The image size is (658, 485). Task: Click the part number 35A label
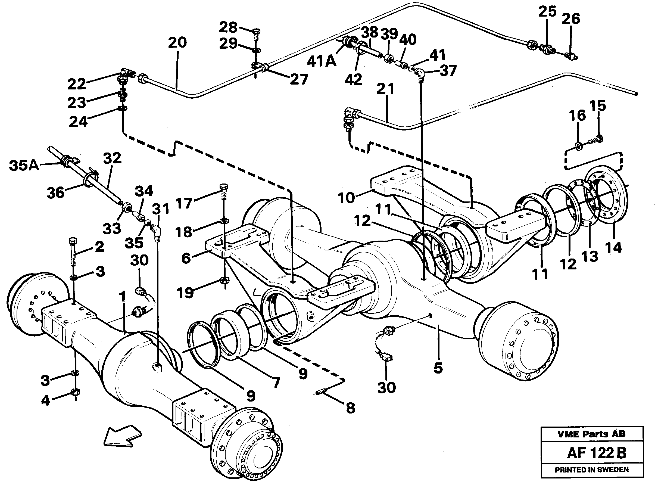tap(24, 165)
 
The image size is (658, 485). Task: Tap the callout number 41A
tap(321, 62)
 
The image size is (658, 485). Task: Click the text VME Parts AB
tap(591, 434)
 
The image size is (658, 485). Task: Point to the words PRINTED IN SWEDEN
tap(592, 470)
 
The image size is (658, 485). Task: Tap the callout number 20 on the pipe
tap(177, 43)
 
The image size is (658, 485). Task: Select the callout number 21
tap(385, 89)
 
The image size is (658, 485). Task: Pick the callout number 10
tap(346, 198)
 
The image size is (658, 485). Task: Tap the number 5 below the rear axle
tap(438, 368)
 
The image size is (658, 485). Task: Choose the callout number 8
tap(350, 408)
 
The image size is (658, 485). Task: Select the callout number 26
tap(571, 19)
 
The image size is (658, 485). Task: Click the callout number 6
tap(186, 258)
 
